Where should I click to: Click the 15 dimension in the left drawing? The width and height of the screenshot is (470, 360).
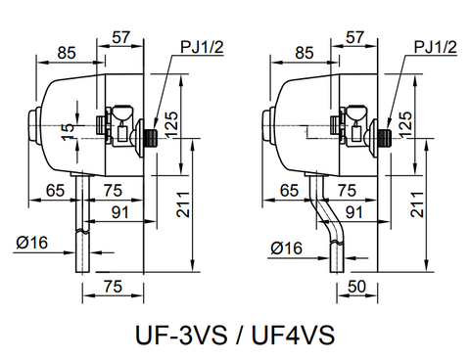point(67,129)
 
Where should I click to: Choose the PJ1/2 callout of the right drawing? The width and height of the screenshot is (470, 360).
point(434,46)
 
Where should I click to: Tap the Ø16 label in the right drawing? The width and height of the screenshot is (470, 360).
point(284,249)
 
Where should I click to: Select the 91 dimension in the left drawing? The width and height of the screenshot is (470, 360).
point(119,210)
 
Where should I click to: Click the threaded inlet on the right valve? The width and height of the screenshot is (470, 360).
point(385,136)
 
